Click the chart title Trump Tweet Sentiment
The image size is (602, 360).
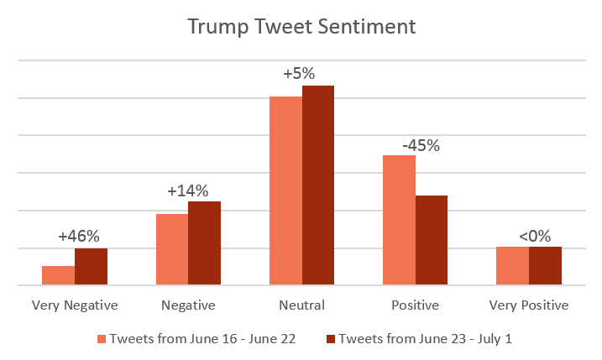tap(301, 27)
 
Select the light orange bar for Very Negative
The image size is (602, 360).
tap(59, 276)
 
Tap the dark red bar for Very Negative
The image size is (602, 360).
tap(91, 267)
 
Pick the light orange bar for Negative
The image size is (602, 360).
tap(172, 250)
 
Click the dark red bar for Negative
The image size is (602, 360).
tap(204, 243)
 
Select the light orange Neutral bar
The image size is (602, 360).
tap(285, 191)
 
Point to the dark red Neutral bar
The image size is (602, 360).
tap(318, 185)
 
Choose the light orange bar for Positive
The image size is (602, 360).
tap(399, 221)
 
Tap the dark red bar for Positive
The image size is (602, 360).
tap(432, 241)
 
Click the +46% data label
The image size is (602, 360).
tap(78, 237)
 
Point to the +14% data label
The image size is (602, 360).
tap(187, 190)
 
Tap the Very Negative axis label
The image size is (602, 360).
tap(75, 305)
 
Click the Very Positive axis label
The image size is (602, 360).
tap(529, 305)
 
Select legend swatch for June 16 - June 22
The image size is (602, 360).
tap(102, 338)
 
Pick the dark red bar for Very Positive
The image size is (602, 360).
tap(545, 266)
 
